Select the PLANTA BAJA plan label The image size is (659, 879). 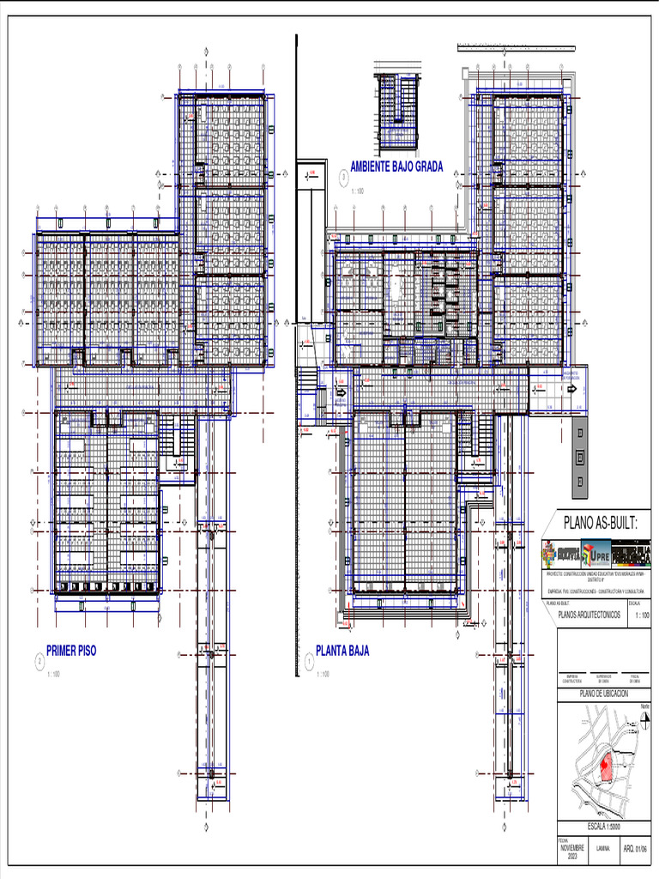coord(342,651)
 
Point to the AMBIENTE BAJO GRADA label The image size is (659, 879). coord(396,167)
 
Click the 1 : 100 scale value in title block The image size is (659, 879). coord(640,615)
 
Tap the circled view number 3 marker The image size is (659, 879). coord(343,178)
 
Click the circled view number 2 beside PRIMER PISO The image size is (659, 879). coord(39,662)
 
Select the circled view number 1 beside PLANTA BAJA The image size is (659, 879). coord(308,662)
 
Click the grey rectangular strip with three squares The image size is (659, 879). coord(581,457)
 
